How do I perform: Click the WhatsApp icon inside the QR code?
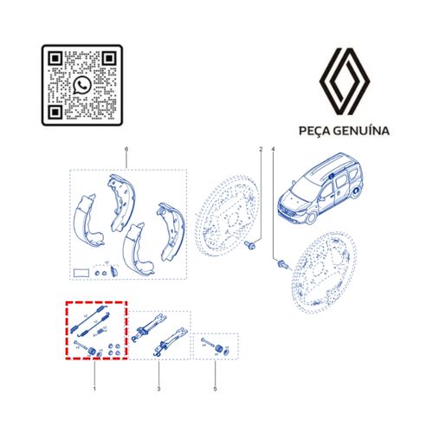coord(82,85)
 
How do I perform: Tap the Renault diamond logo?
coord(344,81)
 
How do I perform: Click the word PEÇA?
coord(314,131)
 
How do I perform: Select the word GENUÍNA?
coord(361,130)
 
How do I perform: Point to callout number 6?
coord(126,150)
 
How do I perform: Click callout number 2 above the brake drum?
coord(261,150)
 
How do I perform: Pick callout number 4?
coord(274,150)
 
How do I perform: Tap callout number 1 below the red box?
coord(94,389)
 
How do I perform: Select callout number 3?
coord(158,389)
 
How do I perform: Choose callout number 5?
coord(215,389)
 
